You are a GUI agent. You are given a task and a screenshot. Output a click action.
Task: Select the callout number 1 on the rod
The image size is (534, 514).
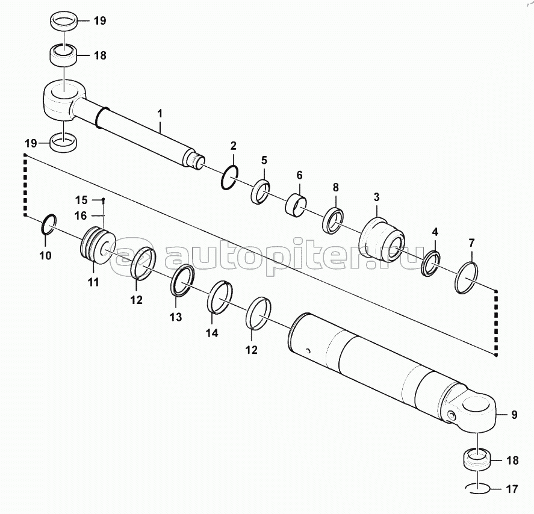click(x=160, y=114)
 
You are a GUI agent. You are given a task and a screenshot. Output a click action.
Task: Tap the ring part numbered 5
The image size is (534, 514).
click(x=261, y=191)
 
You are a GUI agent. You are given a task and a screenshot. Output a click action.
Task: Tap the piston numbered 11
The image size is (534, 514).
click(x=97, y=245)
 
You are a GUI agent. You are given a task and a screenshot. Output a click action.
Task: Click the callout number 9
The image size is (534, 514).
click(x=514, y=415)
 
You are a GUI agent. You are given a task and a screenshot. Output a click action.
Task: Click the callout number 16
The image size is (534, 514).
click(x=81, y=216)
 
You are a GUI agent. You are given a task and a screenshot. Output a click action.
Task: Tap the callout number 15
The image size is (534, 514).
click(x=81, y=200)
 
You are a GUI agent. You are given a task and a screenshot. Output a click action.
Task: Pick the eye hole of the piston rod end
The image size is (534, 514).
click(x=64, y=92)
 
